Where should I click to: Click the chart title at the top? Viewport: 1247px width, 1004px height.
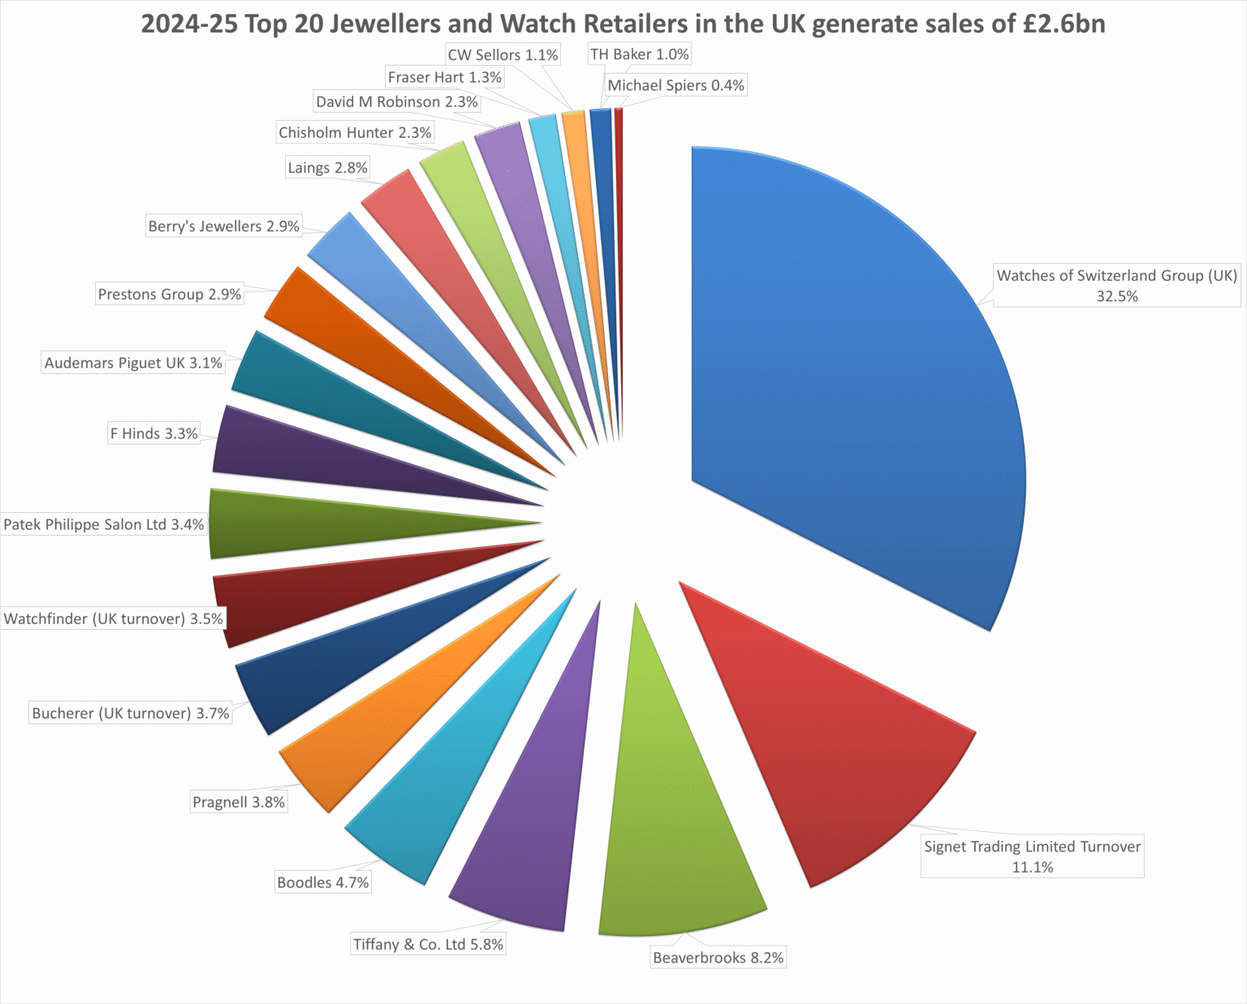coord(623,24)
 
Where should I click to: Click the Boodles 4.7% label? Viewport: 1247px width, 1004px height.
coord(323,882)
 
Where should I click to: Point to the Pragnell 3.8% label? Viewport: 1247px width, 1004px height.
coord(239,802)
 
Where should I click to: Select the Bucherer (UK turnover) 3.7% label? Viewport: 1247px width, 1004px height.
coord(131,713)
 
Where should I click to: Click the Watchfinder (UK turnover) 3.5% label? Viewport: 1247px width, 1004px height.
coord(114,619)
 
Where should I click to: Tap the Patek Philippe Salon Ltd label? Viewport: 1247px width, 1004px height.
coord(104,525)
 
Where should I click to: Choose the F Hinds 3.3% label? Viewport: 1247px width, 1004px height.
coord(154,433)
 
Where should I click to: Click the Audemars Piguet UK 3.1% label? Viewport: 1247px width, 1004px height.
coord(133,363)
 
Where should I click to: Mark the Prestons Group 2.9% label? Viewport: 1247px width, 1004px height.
coord(170,294)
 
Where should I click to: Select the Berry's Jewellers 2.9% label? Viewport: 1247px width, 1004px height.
coord(224,226)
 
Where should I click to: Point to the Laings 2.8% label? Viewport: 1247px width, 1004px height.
coord(327,168)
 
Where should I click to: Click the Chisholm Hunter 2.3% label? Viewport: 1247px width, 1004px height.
coord(355,132)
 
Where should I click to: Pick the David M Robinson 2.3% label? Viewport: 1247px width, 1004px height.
coord(397,101)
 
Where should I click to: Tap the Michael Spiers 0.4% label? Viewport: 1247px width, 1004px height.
coord(676,85)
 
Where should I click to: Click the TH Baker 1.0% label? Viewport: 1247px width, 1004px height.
coord(640,54)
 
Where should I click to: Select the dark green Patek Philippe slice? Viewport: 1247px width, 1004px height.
coord(325,524)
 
